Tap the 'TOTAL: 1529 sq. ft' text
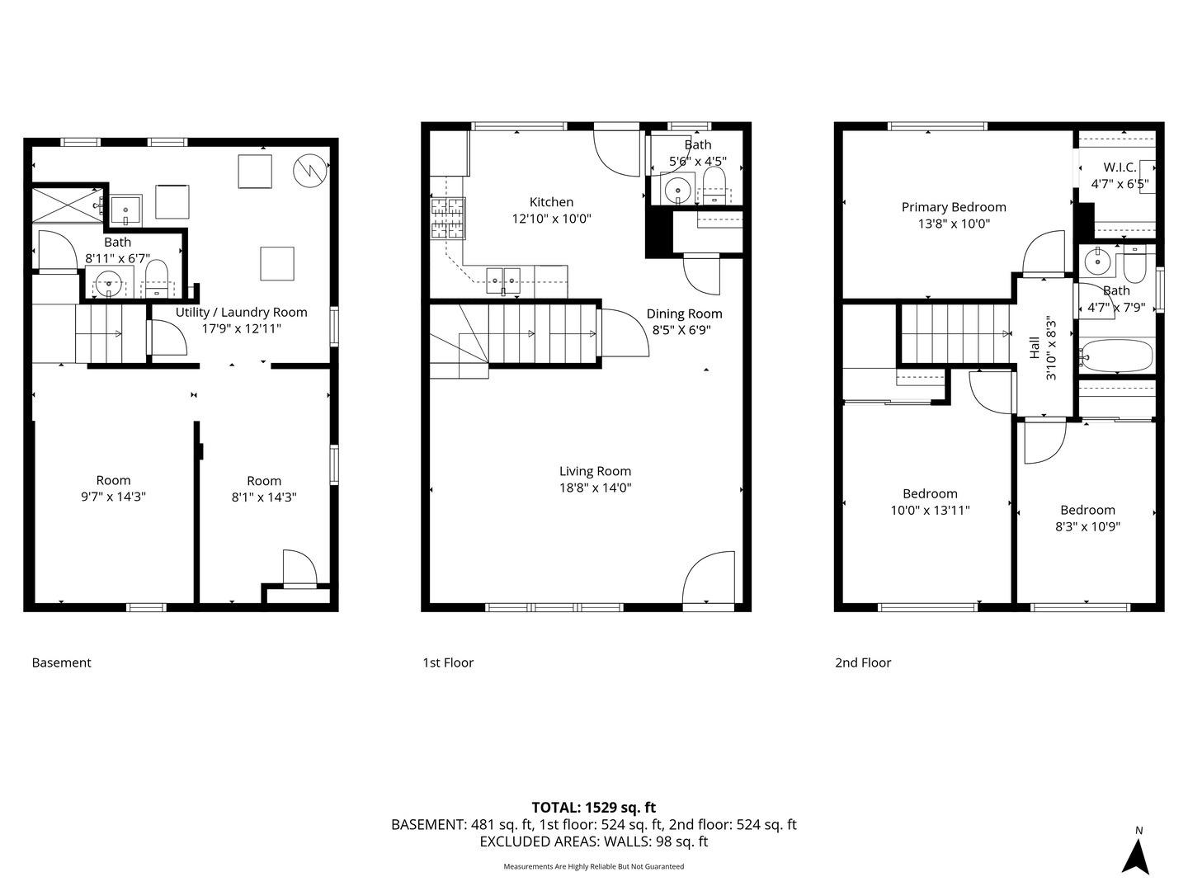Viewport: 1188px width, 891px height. (593, 808)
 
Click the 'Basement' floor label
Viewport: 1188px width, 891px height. (61, 662)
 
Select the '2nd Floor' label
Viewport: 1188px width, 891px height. (863, 662)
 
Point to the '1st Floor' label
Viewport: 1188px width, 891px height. (448, 662)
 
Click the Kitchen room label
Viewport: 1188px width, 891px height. (551, 202)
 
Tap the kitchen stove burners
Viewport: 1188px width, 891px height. (447, 219)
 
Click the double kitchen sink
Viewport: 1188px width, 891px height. (502, 280)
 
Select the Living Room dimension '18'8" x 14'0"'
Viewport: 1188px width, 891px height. (595, 488)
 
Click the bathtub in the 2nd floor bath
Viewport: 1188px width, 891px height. (1115, 356)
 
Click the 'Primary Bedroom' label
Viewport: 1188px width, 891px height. (954, 207)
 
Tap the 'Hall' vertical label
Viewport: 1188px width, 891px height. (1035, 347)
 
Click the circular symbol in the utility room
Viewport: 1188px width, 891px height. (309, 170)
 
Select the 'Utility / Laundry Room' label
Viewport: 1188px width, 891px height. (241, 313)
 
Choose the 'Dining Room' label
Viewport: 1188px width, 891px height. (684, 313)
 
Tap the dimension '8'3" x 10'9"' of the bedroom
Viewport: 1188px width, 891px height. (1087, 526)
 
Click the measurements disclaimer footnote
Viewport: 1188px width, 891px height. (593, 866)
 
